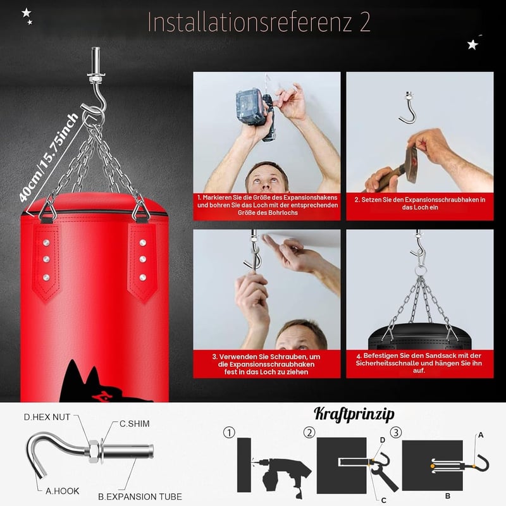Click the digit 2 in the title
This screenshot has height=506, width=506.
point(365,22)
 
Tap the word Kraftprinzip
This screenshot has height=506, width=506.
point(354,414)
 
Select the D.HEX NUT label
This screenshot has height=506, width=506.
point(47,417)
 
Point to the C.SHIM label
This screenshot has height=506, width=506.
point(135,424)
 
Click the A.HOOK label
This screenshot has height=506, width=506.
point(62,491)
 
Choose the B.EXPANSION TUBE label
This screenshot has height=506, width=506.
point(140,497)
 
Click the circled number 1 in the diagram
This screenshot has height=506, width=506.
point(229,433)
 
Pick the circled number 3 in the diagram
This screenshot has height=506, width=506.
point(396,432)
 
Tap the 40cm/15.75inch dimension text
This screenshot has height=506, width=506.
point(49,157)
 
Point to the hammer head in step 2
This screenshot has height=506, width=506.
point(412,164)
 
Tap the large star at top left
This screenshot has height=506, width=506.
point(26,13)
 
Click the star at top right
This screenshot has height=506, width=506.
point(472,44)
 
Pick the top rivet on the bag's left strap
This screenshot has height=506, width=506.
point(46,243)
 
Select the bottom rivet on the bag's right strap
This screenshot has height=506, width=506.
point(143,277)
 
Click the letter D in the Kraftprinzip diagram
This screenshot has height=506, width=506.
point(383,440)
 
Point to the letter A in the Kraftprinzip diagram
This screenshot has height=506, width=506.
point(481,435)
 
